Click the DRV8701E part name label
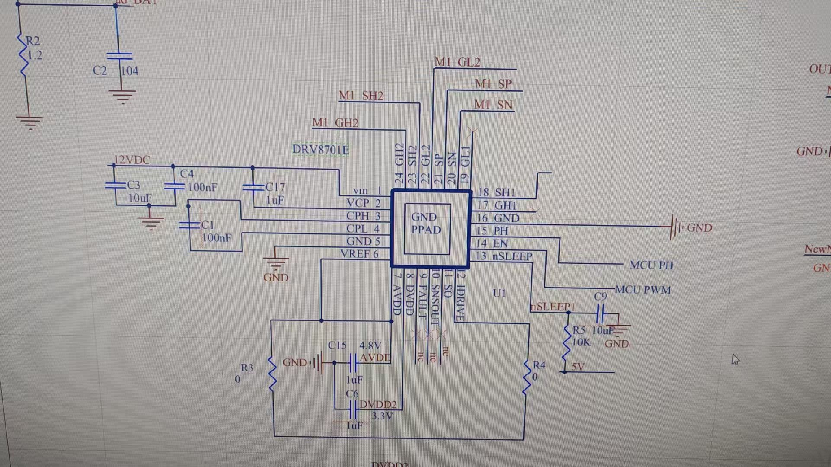point(320,150)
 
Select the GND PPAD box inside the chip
point(427,228)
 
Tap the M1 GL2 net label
point(457,62)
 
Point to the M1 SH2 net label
point(361,96)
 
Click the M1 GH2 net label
point(335,123)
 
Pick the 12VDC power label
point(132,160)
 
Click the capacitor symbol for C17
point(253,187)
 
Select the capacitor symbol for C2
point(119,56)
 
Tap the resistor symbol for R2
point(23,54)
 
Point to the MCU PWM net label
point(643,290)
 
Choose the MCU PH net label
point(651,265)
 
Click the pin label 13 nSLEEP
point(504,256)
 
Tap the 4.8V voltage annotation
point(370,345)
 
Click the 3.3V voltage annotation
point(383,416)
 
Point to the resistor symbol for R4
point(527,377)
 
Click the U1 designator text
point(499,293)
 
